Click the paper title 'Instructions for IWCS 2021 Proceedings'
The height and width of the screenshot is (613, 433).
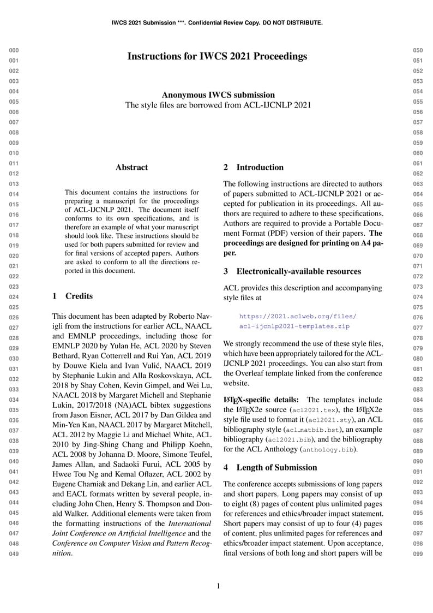pos(217,56)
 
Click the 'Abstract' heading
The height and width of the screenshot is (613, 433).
pos(131,168)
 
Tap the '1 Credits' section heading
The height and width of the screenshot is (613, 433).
pos(73,296)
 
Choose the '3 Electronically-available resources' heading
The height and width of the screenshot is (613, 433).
pos(292,271)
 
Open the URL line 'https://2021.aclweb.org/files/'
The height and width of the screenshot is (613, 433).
pos(298,316)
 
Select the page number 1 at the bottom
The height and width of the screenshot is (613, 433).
pos(218,586)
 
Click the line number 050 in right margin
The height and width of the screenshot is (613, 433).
pos(418,50)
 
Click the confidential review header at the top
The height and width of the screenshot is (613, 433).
pos(217,23)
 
